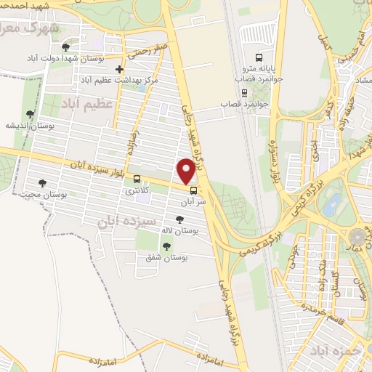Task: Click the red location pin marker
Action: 187,171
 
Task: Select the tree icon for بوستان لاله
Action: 179,218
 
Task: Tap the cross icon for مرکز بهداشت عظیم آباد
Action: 120,69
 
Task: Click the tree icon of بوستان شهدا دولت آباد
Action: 66,46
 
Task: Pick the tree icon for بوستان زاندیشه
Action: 29,114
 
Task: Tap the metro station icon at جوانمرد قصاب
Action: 243,93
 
